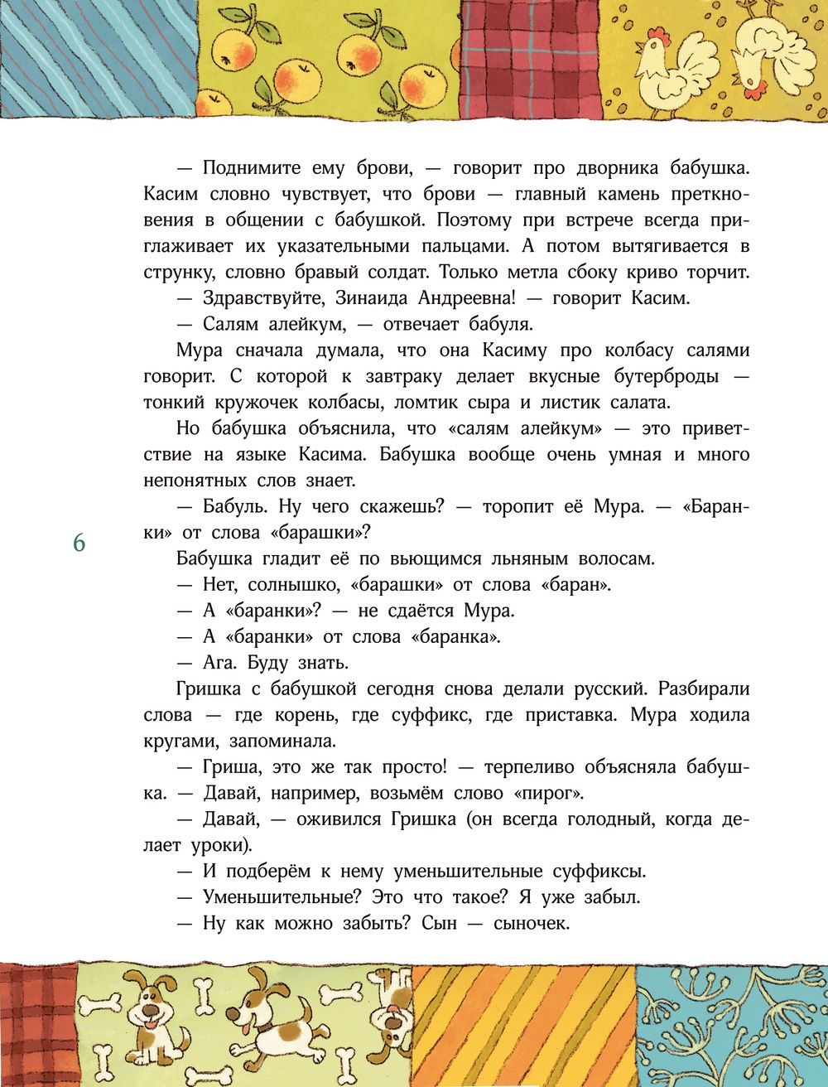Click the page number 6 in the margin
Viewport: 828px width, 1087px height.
point(79,543)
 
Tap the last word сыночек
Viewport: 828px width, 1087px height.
point(531,924)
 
